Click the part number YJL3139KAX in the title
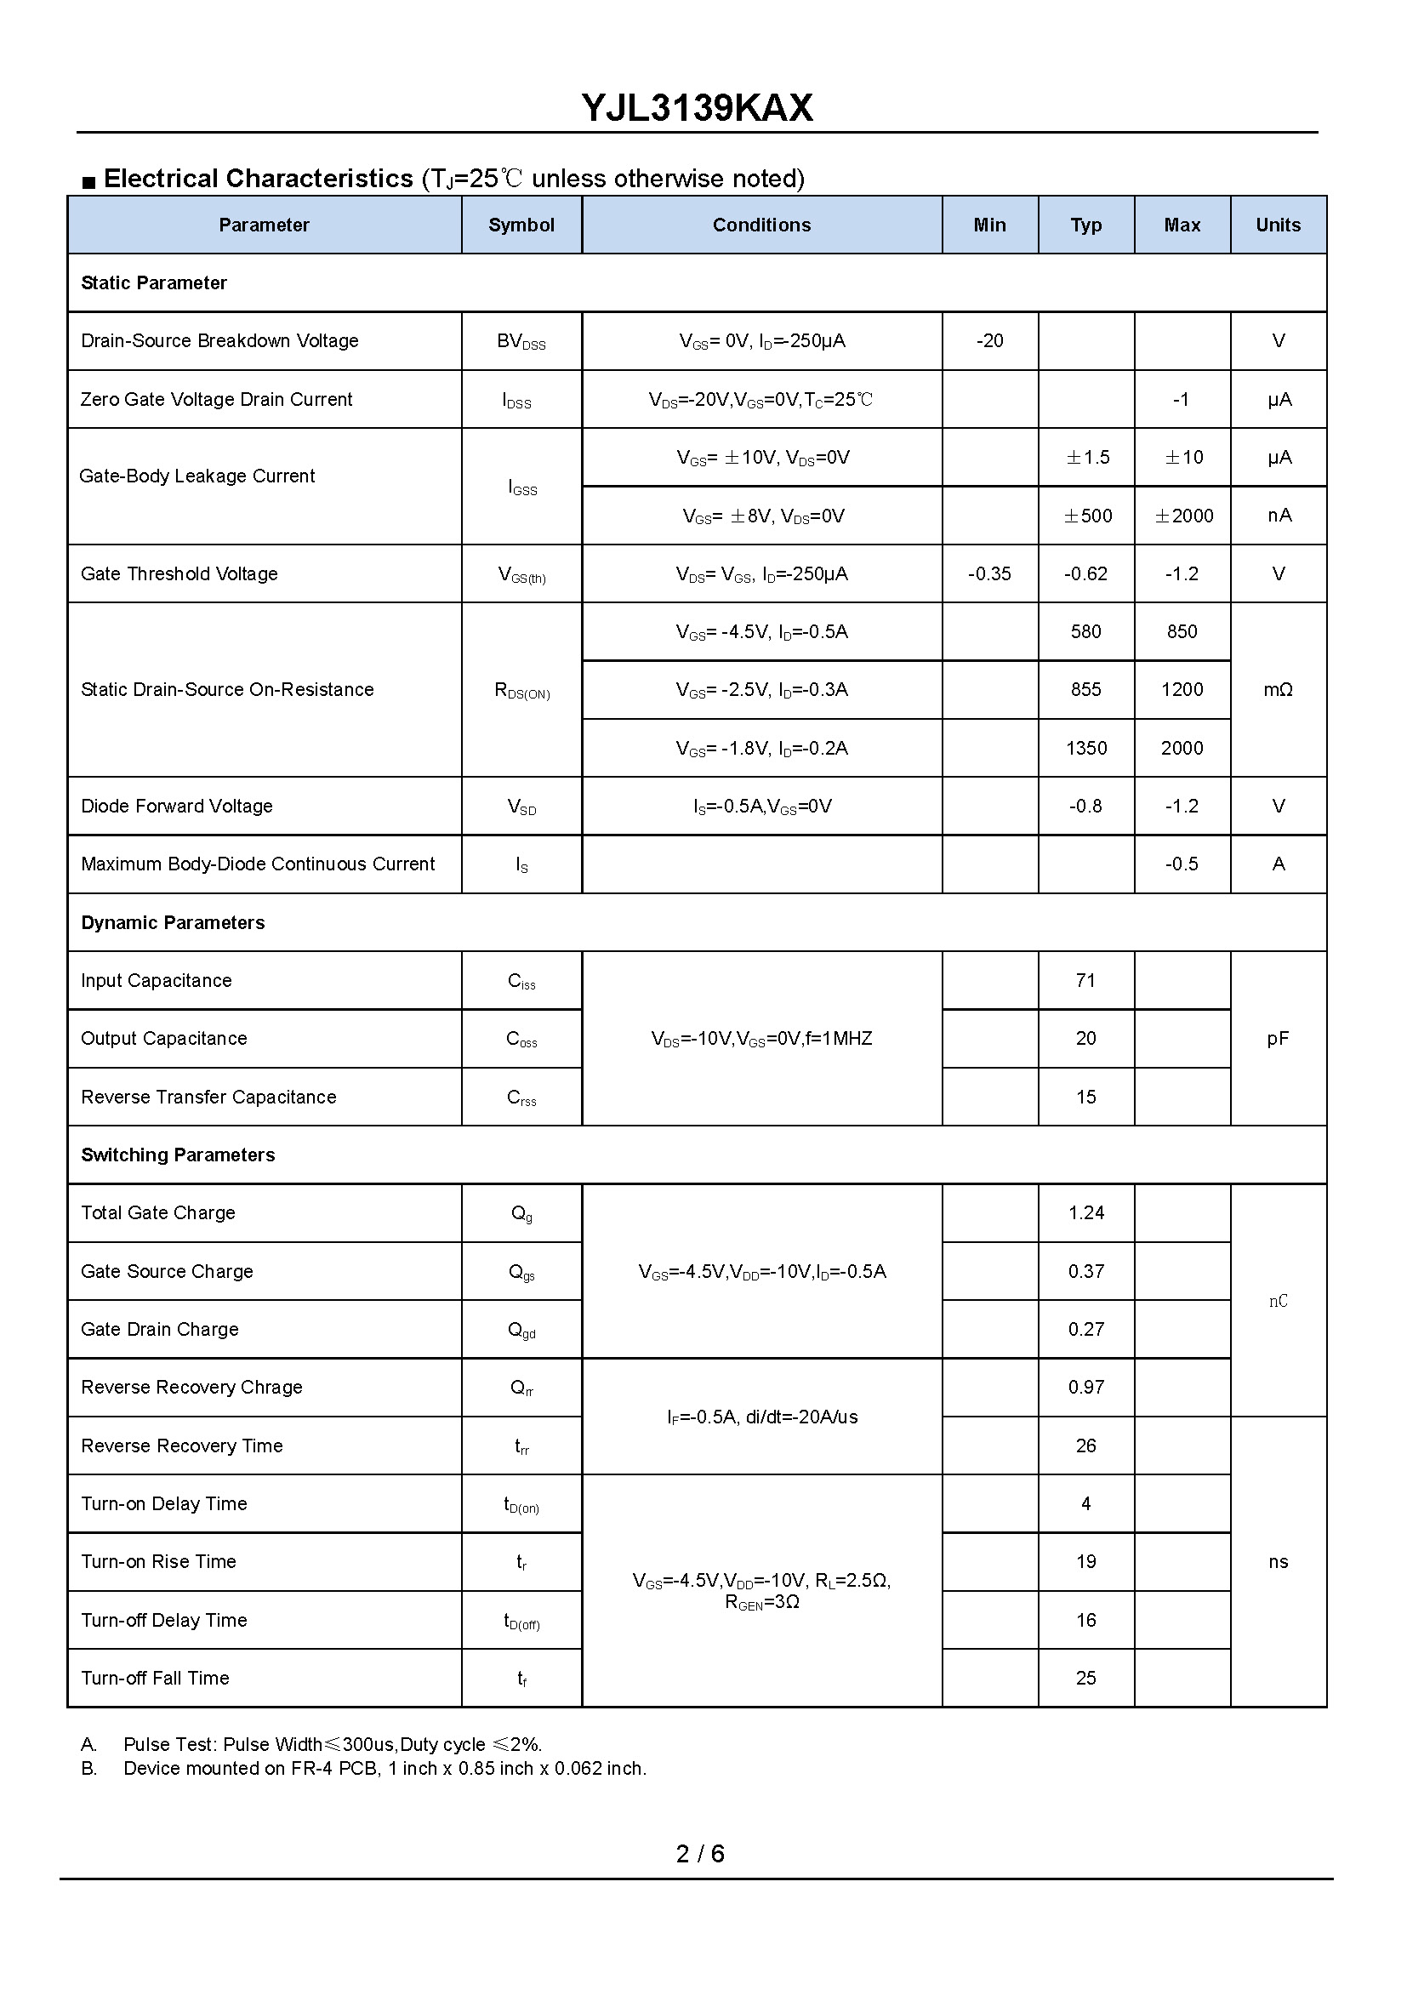(x=698, y=108)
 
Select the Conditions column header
(x=761, y=225)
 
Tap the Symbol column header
(x=521, y=225)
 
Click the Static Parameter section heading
(x=153, y=283)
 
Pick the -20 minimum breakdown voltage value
(x=989, y=341)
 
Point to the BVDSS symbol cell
(x=521, y=342)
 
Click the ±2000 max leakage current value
(x=1183, y=516)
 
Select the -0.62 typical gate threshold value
(x=1085, y=574)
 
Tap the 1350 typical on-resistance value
(x=1086, y=749)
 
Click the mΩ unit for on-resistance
(x=1278, y=690)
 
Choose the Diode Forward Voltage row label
(x=177, y=807)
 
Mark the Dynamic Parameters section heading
(x=173, y=923)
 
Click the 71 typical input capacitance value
(x=1085, y=981)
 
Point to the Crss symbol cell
(x=521, y=1098)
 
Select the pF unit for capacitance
(x=1278, y=1039)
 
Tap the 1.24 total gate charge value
(x=1086, y=1213)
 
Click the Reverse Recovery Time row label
(x=182, y=1446)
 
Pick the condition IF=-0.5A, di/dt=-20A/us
(x=762, y=1417)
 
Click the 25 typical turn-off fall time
(x=1085, y=1679)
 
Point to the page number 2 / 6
(x=700, y=1854)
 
